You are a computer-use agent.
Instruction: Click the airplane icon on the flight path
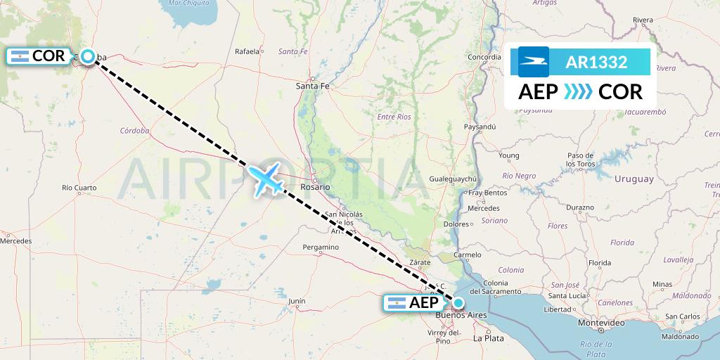tap(266, 179)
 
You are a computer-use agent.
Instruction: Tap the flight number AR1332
tap(596, 63)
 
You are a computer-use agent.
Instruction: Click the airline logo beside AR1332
tap(534, 62)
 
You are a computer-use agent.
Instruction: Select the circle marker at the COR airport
tap(88, 57)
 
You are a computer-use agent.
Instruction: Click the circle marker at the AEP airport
tap(458, 303)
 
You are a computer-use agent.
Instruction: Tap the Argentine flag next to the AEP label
tap(397, 303)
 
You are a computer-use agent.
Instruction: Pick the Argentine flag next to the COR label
tap(19, 57)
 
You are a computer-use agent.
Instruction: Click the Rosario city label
tap(315, 187)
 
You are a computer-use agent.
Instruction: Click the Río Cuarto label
tap(79, 188)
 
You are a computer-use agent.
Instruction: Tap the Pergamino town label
tap(321, 247)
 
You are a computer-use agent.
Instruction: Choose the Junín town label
tap(297, 301)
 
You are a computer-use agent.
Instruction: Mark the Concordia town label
tap(484, 57)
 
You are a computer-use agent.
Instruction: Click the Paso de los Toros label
tap(581, 160)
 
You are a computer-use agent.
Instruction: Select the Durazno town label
tap(580, 208)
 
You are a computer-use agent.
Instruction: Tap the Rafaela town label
tap(247, 51)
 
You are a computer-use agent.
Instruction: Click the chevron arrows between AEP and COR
tap(578, 91)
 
